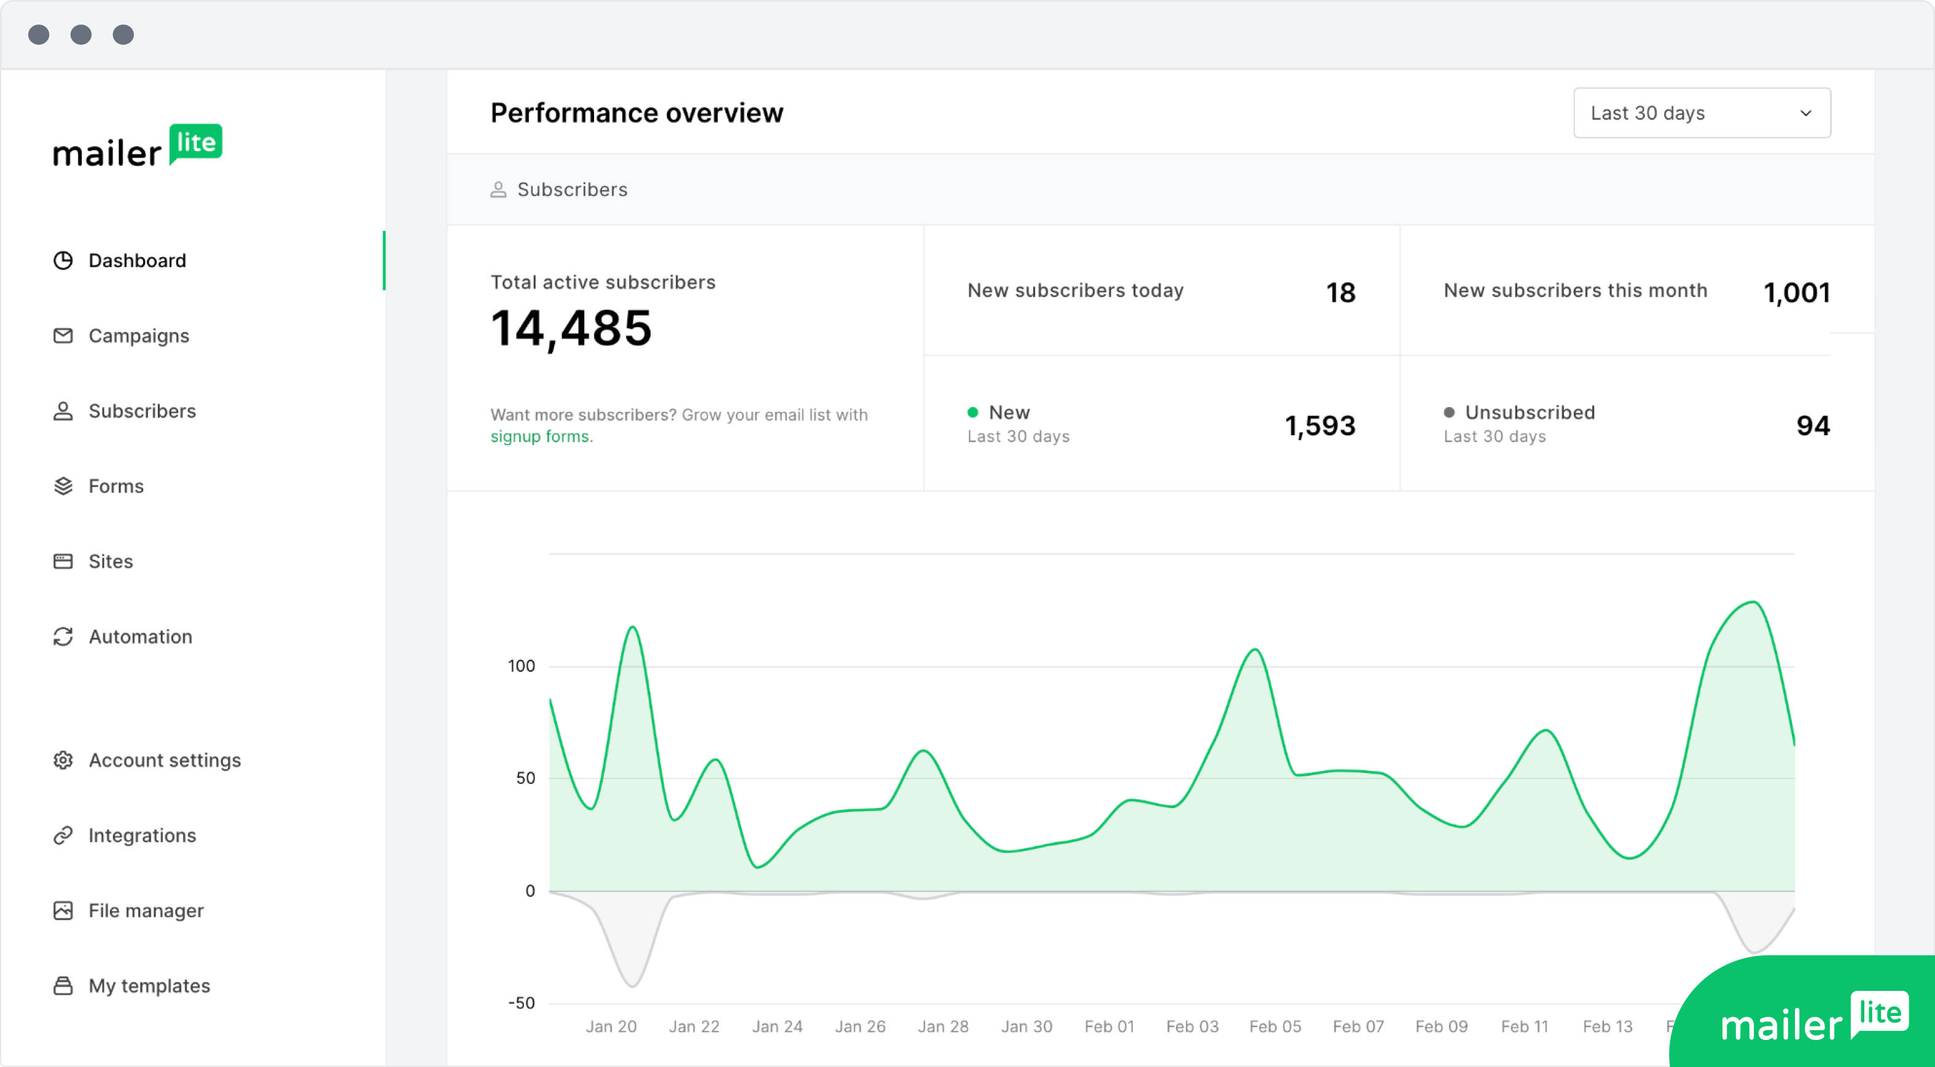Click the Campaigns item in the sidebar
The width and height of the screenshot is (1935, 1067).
(138, 336)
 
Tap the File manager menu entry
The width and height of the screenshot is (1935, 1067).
(146, 911)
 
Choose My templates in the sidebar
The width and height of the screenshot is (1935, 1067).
(149, 986)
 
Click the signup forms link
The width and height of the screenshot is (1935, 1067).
(540, 437)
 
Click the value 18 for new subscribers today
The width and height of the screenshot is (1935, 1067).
(1340, 292)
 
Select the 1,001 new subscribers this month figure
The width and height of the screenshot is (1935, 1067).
(1796, 292)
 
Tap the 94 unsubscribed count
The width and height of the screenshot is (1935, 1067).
(1813, 425)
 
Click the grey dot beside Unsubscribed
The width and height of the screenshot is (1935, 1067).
(1449, 412)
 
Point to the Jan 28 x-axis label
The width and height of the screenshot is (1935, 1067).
(943, 1026)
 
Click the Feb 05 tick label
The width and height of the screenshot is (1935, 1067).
(1275, 1026)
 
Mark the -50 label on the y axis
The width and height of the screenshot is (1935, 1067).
(522, 1003)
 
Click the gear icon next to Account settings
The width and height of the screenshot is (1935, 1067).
(63, 760)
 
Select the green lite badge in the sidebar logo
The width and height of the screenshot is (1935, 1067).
(196, 142)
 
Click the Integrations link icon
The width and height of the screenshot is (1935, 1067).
(63, 835)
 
